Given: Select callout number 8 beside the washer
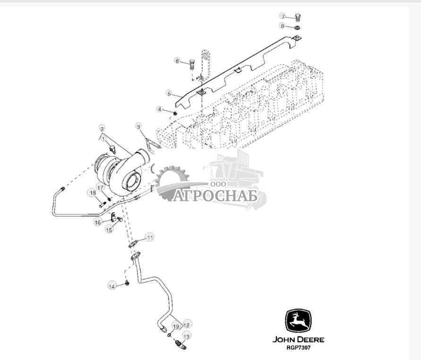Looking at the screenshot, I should tap(283, 26).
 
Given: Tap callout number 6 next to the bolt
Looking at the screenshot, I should tap(177, 61).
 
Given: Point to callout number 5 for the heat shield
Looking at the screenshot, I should tap(168, 93).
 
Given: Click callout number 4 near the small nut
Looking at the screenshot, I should tap(160, 110).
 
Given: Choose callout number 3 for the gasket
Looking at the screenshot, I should tap(138, 126).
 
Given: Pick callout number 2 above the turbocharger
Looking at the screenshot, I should tap(102, 128).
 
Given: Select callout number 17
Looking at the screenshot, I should tap(100, 187).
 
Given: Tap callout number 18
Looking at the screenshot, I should tap(93, 193).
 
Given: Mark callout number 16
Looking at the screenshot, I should tap(97, 222).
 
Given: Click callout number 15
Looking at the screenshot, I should tap(109, 229).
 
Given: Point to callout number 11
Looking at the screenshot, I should tap(149, 237).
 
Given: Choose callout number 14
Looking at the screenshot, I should tap(112, 286).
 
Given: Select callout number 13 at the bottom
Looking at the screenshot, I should tap(187, 336).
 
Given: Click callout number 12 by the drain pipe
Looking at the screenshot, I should tap(187, 325).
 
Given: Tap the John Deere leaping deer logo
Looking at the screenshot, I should tap(298, 322).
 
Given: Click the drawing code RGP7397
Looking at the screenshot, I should tap(298, 348).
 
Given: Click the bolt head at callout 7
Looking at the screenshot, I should tap(298, 18).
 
